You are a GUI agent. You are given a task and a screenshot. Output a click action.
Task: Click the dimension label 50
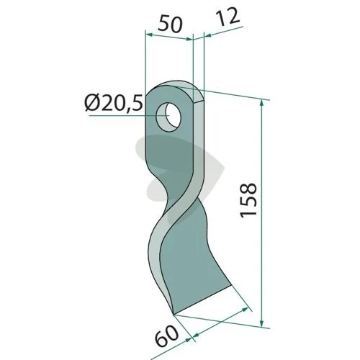tap(170, 23)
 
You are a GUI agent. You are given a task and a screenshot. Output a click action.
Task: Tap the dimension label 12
tap(228, 17)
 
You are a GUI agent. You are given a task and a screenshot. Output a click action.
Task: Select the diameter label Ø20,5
tap(114, 103)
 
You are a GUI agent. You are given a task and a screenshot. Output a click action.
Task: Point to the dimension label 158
tap(248, 201)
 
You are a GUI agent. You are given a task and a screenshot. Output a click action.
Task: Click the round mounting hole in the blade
tap(168, 117)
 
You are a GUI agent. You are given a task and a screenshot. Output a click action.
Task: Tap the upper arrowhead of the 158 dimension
tap(261, 104)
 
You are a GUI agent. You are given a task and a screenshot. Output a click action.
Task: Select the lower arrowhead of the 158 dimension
tap(262, 323)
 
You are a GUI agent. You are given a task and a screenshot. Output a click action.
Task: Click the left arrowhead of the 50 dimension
tap(149, 35)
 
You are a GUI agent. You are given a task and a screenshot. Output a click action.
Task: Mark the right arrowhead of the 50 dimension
tap(189, 39)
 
